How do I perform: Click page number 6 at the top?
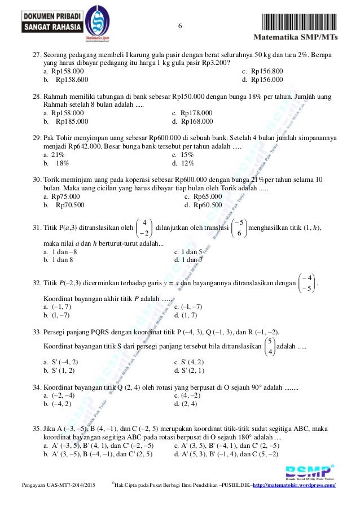(180, 27)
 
